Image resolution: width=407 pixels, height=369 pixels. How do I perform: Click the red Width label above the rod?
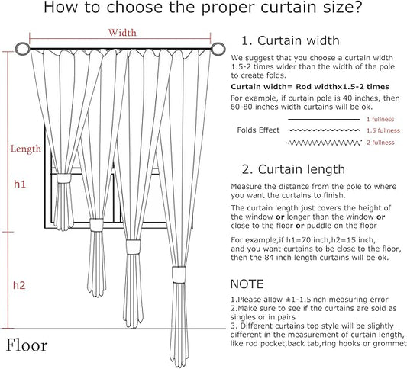122,33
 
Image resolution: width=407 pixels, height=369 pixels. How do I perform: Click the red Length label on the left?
25,149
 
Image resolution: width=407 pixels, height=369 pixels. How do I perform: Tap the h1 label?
21,184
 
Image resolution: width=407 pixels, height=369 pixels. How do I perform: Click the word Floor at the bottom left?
27,345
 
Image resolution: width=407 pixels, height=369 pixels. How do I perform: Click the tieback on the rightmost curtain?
176,274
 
